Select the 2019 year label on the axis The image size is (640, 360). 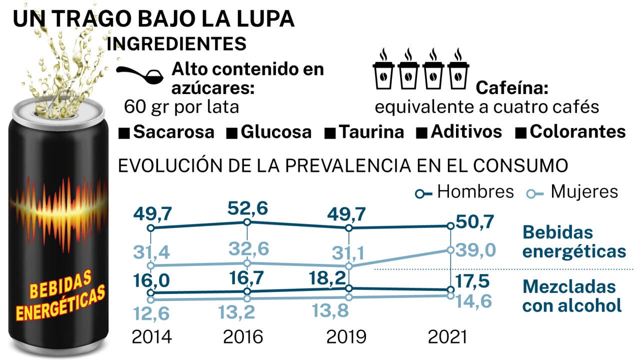pos(346,337)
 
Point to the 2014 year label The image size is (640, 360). pos(151,337)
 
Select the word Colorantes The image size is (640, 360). pos(577,132)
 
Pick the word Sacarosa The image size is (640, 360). pos(173,132)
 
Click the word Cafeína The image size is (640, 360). pos(512,88)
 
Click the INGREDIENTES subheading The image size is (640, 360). pos(176,43)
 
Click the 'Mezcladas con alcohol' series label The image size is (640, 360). pos(572,296)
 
